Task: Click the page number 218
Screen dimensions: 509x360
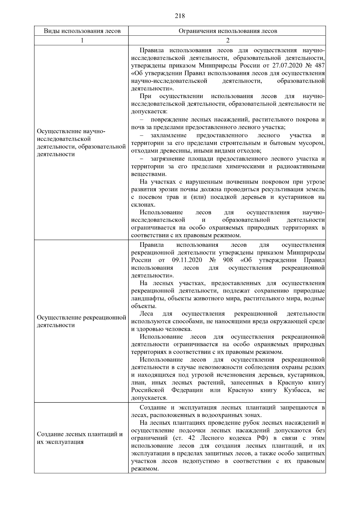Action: (180, 16)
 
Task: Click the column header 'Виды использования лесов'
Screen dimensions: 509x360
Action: (82, 31)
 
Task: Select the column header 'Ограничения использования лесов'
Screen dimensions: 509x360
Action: (228, 31)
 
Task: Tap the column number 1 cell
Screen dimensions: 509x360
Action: (82, 40)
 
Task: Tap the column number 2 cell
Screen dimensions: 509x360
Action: (228, 40)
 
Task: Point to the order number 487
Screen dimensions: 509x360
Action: (320, 66)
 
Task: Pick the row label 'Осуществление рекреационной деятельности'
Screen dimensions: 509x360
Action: (81, 321)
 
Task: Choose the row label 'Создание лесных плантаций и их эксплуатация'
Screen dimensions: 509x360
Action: (80, 438)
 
